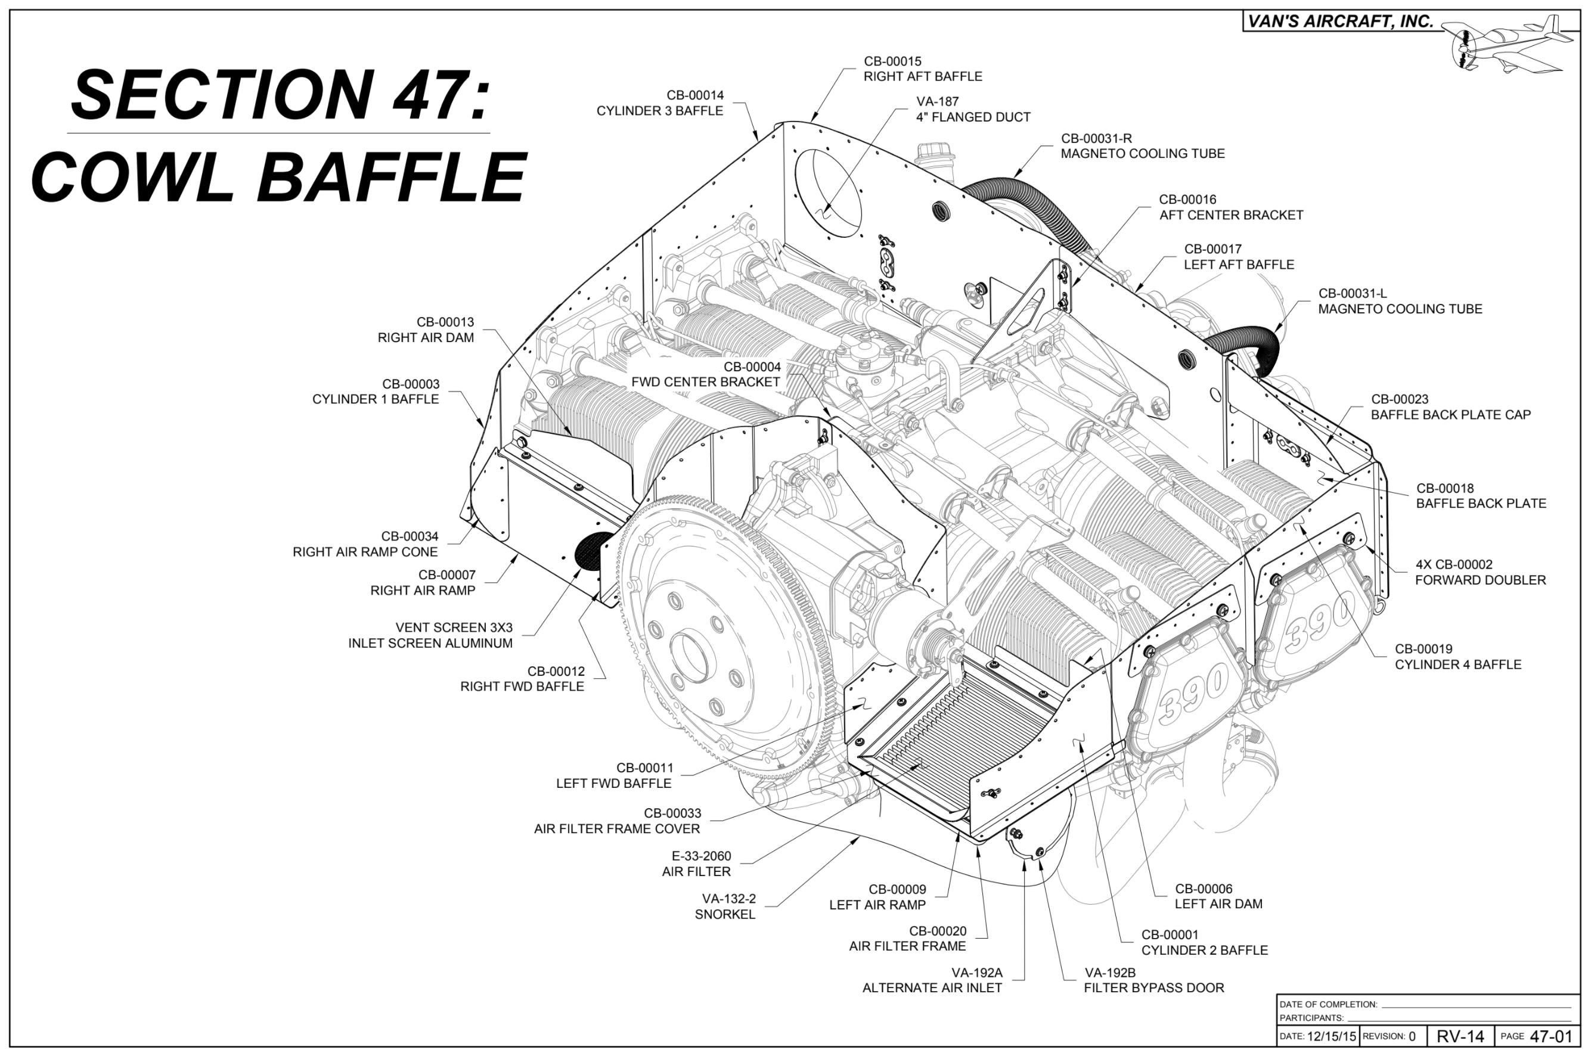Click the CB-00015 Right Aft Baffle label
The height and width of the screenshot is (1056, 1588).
[x=922, y=69]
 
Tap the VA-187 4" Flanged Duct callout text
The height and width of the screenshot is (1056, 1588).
[x=972, y=109]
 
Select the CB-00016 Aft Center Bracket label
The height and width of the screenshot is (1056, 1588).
[x=1230, y=207]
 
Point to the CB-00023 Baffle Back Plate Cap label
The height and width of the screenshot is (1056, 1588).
[x=1450, y=407]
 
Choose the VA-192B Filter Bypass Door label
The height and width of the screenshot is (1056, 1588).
[x=1153, y=980]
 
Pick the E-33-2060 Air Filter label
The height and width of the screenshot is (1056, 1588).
[x=697, y=864]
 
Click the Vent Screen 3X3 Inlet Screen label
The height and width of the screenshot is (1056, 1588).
[x=431, y=635]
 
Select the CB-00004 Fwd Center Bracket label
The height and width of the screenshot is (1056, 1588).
[x=706, y=374]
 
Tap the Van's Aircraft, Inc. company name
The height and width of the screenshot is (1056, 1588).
[x=1340, y=21]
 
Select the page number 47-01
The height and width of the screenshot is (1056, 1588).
[x=1550, y=1036]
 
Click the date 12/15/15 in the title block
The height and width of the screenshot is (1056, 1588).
[x=1330, y=1036]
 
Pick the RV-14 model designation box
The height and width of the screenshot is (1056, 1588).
[x=1460, y=1036]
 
